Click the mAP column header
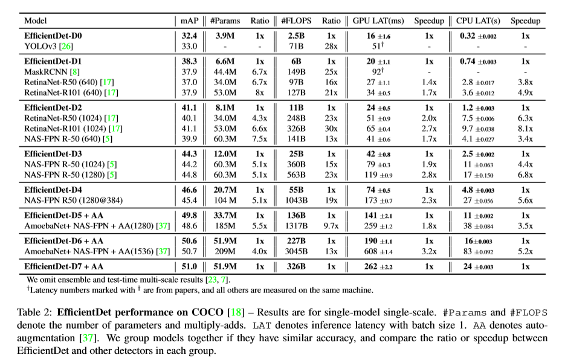[x=189, y=21]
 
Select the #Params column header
[x=225, y=21]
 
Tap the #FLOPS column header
[x=296, y=21]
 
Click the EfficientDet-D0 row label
[x=53, y=36]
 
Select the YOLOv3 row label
[x=40, y=45]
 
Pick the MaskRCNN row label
[x=45, y=71]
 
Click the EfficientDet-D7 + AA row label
[x=65, y=266]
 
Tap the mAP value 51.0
[x=189, y=266]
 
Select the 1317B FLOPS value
[x=296, y=225]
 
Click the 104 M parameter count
[x=225, y=200]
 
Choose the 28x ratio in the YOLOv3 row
[x=331, y=45]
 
